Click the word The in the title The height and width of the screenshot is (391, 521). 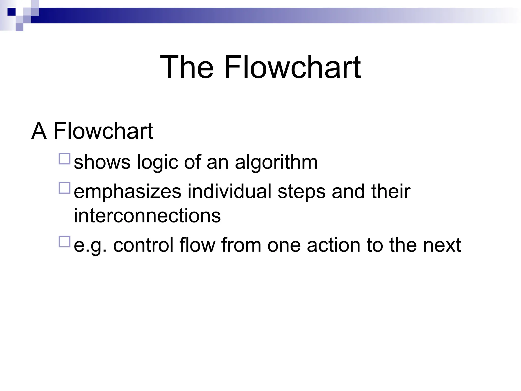187,67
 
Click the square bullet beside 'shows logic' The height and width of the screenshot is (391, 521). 64,159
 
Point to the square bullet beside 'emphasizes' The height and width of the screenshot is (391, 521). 64,188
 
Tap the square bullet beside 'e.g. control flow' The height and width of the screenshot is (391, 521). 64,242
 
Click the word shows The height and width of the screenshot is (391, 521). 102,162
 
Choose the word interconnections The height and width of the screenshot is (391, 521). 147,215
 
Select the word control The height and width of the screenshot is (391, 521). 143,245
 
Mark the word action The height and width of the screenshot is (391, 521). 334,245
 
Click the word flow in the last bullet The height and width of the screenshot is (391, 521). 197,245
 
